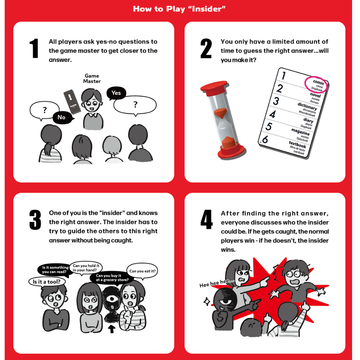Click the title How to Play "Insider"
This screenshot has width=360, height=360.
(179, 9)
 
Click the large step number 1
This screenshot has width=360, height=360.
(34, 49)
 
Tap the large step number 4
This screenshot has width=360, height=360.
(206, 220)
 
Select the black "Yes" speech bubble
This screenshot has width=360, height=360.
(116, 93)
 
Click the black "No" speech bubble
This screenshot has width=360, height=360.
(62, 118)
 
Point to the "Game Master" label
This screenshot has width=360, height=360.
(92, 78)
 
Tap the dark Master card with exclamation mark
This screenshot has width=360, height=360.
(72, 102)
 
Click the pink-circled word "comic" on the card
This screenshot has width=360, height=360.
(319, 82)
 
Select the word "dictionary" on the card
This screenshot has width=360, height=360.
(307, 106)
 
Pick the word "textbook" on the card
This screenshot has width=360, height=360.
(297, 144)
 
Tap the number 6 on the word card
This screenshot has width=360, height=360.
(265, 139)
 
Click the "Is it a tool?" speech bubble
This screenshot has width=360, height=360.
(47, 282)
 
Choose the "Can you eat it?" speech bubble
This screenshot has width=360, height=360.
(142, 271)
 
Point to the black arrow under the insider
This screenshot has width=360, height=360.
(112, 329)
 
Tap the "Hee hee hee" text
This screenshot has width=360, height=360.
(217, 283)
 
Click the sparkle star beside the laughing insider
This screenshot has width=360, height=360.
(207, 301)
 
